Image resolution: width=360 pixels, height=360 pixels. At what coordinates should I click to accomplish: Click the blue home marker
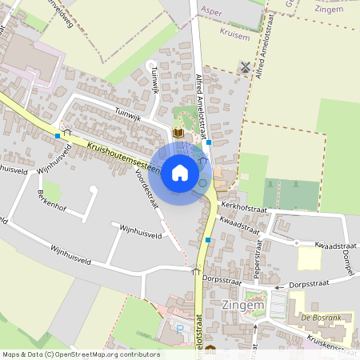tap(180, 173)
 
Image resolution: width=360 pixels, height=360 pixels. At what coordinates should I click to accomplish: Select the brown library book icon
tap(178, 132)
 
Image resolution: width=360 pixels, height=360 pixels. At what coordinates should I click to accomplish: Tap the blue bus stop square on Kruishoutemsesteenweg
tap(58, 136)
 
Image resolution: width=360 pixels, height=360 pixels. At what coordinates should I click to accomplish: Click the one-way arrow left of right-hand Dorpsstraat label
tap(279, 286)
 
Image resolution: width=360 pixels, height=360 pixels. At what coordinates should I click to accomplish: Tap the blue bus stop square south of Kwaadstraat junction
tap(209, 239)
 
